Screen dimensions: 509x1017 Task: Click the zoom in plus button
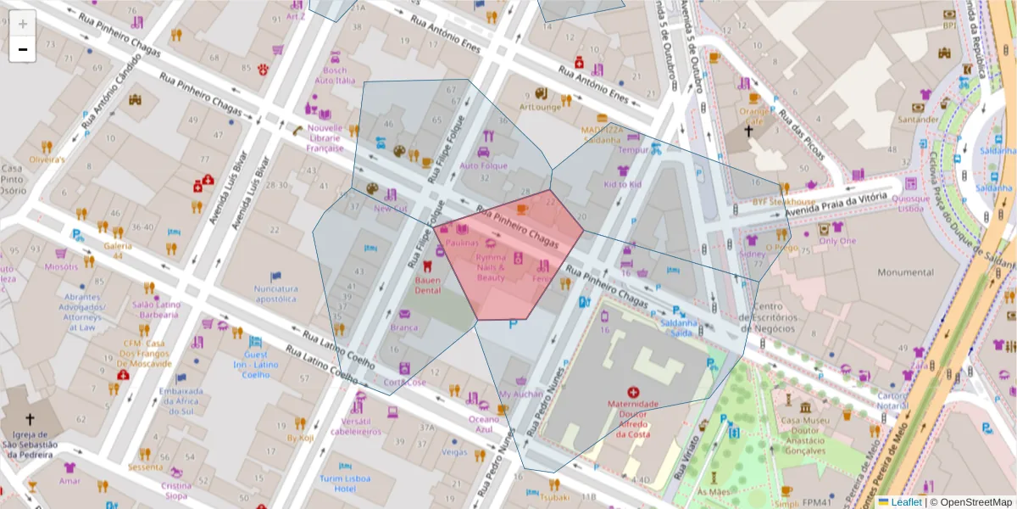[23, 24]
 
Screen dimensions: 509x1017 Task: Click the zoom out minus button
[23, 49]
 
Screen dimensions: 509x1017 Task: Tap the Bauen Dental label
[427, 284]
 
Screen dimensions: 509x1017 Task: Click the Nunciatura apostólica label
[275, 294]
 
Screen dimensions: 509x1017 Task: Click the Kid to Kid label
[622, 184]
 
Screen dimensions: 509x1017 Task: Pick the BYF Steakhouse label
[783, 202]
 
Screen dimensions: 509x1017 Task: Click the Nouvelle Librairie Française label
[324, 138]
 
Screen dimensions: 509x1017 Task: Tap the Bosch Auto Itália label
[335, 76]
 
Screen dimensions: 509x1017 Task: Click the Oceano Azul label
[484, 424]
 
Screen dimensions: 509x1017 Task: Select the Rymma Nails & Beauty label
[491, 267]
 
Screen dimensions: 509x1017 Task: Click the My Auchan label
[520, 394]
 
